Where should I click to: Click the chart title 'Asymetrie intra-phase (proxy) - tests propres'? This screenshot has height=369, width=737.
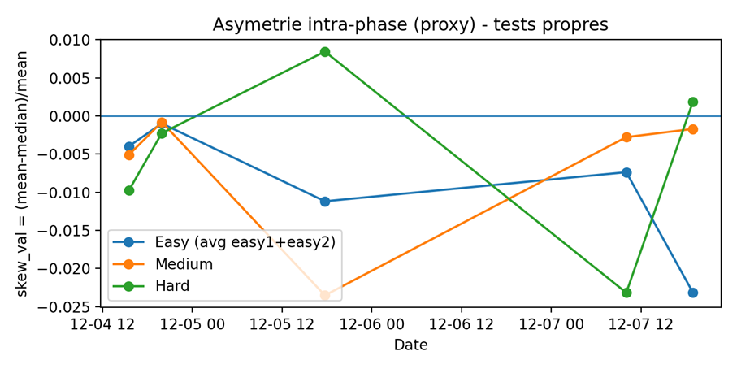(410, 24)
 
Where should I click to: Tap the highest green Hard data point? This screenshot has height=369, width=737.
(325, 52)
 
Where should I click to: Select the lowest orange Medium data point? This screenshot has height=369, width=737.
(325, 295)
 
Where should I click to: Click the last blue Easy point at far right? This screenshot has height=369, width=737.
(693, 293)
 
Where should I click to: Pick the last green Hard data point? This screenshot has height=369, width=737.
(693, 102)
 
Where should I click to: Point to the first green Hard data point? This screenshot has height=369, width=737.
(129, 190)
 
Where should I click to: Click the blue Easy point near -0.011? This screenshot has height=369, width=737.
(325, 202)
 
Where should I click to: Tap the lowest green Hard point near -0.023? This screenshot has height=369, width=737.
(626, 293)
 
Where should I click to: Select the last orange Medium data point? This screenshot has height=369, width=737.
(693, 129)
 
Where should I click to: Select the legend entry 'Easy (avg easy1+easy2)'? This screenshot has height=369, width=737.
(223, 242)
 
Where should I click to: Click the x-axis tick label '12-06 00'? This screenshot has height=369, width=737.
(371, 325)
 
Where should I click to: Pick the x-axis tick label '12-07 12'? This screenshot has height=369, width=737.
(640, 325)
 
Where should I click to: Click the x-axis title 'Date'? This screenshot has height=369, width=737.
(411, 345)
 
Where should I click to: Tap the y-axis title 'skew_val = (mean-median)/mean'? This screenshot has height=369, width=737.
(22, 173)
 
